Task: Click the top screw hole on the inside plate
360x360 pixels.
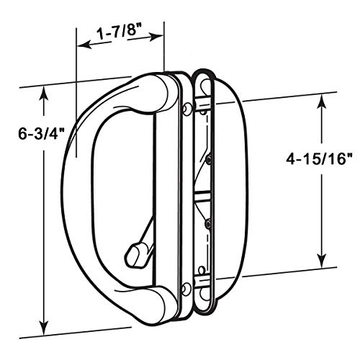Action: (188, 107)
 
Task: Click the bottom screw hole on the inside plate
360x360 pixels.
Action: (188, 289)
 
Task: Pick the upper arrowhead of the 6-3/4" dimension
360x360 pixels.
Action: (45, 92)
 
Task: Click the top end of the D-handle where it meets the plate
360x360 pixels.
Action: (155, 90)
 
